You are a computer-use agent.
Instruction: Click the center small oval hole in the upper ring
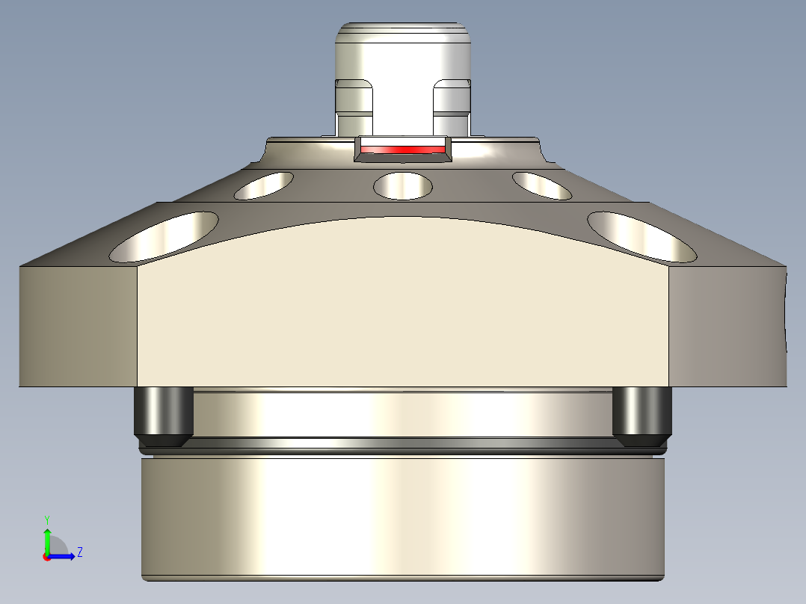[403, 185]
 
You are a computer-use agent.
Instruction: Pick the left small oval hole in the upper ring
[264, 185]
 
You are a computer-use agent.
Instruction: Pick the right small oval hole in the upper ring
[542, 185]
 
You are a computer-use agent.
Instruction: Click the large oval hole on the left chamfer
[164, 236]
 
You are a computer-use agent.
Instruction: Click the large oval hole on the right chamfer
[642, 236]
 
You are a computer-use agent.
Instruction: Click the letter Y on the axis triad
[46, 519]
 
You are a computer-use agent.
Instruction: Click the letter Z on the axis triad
[79, 552]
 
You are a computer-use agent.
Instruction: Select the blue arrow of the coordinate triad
[64, 555]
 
